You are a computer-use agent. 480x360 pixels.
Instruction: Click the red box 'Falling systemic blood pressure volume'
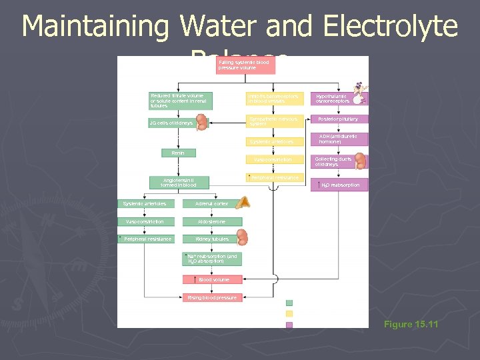245,65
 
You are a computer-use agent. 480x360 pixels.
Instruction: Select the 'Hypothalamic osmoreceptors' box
339,99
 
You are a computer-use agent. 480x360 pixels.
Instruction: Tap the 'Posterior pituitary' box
339,119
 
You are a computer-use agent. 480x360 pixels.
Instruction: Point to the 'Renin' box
179,153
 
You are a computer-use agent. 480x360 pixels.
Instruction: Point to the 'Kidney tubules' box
213,239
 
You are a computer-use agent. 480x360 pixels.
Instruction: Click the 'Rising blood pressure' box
212,297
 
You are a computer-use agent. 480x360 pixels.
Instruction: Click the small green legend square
289,303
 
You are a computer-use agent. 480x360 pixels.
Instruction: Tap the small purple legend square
289,325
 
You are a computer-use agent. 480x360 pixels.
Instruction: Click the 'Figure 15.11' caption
411,325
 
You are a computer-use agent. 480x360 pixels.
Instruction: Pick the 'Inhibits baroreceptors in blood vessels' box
274,99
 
